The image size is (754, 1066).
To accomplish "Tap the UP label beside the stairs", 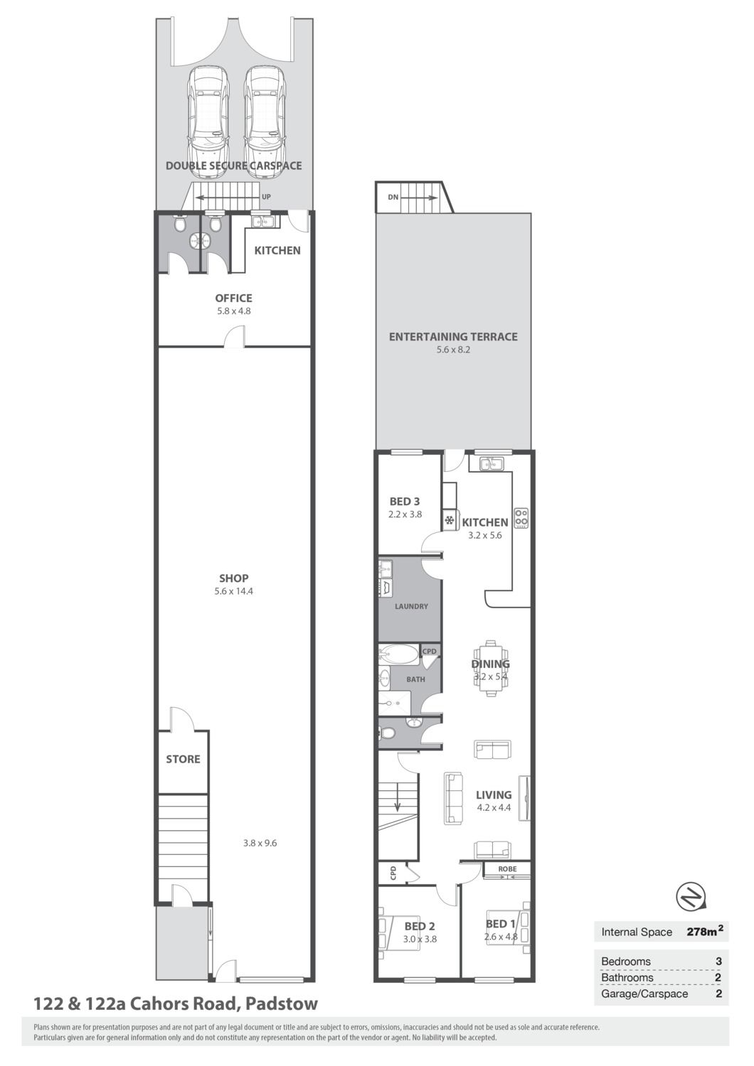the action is [x=266, y=197].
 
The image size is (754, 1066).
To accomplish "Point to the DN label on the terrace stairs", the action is [x=393, y=197].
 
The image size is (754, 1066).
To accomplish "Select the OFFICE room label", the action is [x=233, y=298].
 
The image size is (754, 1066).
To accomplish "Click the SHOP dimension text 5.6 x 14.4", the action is [x=233, y=591].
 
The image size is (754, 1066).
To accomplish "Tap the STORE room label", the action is [x=183, y=759].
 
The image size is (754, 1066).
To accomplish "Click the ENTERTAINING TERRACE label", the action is [x=453, y=337].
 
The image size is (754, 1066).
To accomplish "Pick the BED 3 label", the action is [x=405, y=501].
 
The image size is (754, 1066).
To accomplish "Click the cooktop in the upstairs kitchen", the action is [x=521, y=518].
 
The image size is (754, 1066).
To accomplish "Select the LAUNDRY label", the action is [x=411, y=606].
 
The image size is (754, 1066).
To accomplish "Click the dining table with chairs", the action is [x=491, y=669].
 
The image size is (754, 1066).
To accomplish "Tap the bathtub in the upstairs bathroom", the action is [x=399, y=655].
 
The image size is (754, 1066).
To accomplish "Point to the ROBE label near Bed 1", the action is [x=507, y=869].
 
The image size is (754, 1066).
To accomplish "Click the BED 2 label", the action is [x=420, y=927].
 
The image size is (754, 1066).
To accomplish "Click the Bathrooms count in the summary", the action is [x=718, y=977].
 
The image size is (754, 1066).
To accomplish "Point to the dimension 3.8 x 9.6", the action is [x=260, y=843].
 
